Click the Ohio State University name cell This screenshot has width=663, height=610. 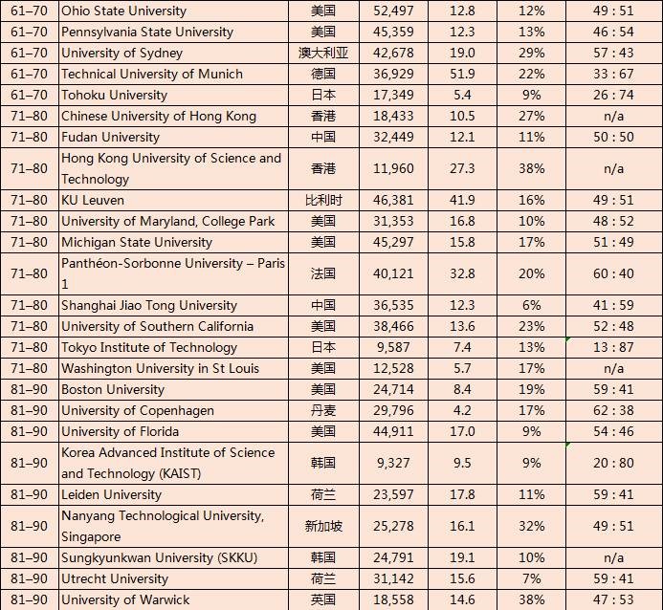tap(124, 11)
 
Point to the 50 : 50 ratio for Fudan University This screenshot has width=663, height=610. tap(613, 137)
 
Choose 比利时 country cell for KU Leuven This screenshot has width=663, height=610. tap(323, 200)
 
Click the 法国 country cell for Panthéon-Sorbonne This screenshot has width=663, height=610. tap(323, 273)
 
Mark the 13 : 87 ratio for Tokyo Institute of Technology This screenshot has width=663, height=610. tap(613, 347)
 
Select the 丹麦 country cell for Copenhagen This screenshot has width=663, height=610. tap(323, 410)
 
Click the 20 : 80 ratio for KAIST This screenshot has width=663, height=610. tap(613, 463)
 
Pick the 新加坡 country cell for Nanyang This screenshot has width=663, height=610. tap(323, 526)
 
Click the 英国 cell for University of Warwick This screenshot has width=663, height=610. tap(323, 599)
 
